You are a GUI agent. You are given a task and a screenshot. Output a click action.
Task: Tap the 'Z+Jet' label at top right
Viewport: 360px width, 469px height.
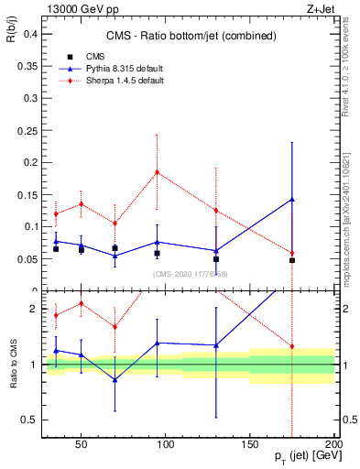pyautogui.click(x=319, y=8)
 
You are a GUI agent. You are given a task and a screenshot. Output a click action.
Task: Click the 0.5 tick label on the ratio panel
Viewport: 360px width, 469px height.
pyautogui.click(x=27, y=420)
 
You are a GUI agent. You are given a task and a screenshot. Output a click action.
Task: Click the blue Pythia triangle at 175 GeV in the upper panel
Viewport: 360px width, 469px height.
pyautogui.click(x=292, y=199)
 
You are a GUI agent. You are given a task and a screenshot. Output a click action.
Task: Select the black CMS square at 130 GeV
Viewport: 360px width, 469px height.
pyautogui.click(x=216, y=259)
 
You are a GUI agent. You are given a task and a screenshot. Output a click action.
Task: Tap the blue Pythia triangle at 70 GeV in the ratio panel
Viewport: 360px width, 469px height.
pyautogui.click(x=115, y=379)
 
